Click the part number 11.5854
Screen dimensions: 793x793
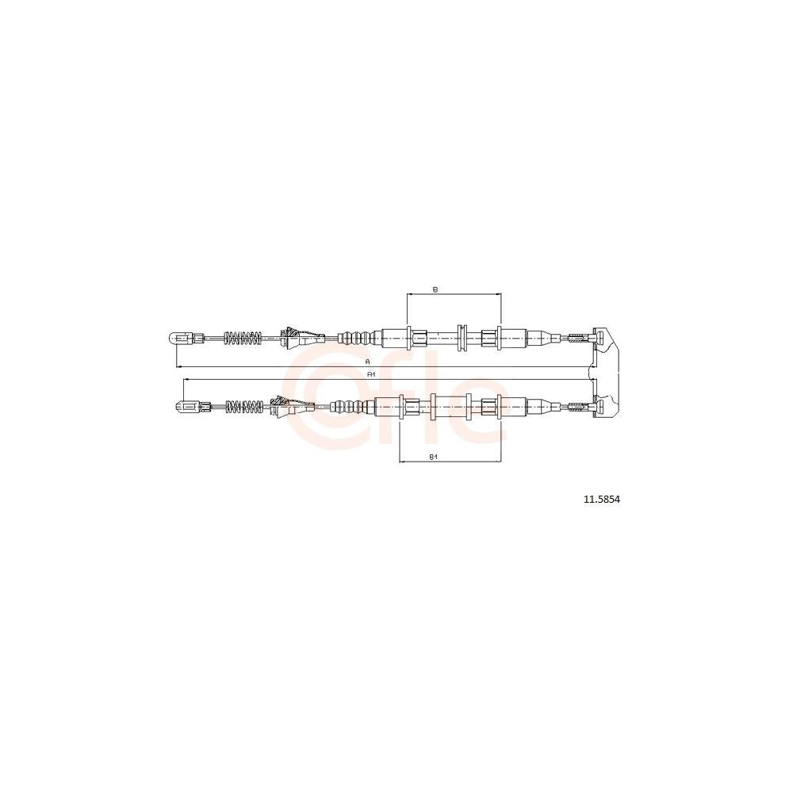[x=602, y=500]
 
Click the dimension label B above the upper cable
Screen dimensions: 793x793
[x=435, y=289]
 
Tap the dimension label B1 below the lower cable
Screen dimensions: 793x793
[x=433, y=458]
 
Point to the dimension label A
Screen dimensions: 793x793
[x=368, y=362]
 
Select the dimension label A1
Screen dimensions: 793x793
[x=370, y=374]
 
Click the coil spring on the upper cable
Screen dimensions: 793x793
[x=243, y=338]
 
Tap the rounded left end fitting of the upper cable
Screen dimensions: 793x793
[x=179, y=338]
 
